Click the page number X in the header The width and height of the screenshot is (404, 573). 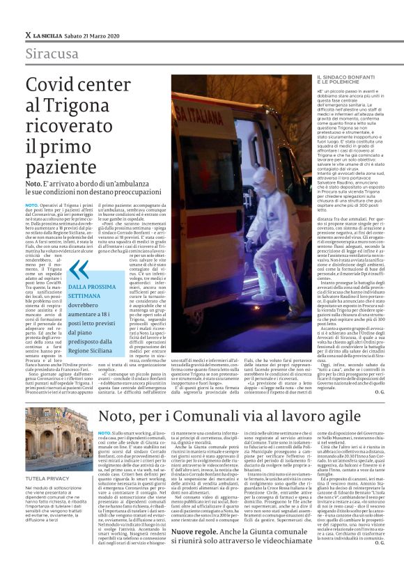coord(26,34)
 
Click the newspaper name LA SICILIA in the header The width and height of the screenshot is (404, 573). coord(49,34)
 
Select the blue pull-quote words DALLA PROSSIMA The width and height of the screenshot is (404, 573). coord(90,286)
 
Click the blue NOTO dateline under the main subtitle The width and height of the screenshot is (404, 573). coord(32,206)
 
